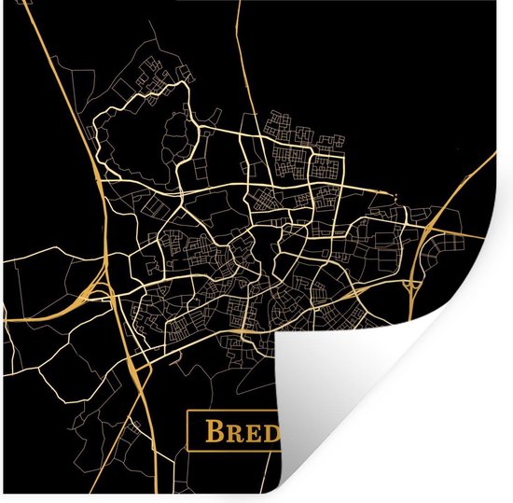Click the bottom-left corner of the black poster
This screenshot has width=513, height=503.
pyautogui.click(x=6, y=497)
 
